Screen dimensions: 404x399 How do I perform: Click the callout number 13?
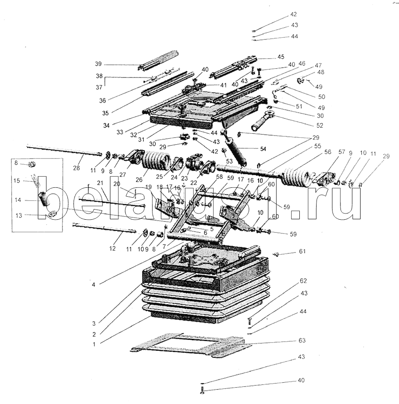pos(19,215)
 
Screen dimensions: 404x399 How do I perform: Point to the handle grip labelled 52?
pos(263,123)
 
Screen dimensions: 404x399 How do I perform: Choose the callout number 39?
pos(98,63)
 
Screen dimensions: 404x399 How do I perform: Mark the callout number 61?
pos(302,252)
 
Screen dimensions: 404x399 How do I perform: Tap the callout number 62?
pos(303,281)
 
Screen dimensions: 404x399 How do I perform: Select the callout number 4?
pos(94,284)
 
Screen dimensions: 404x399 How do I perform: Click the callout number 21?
pos(100,183)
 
